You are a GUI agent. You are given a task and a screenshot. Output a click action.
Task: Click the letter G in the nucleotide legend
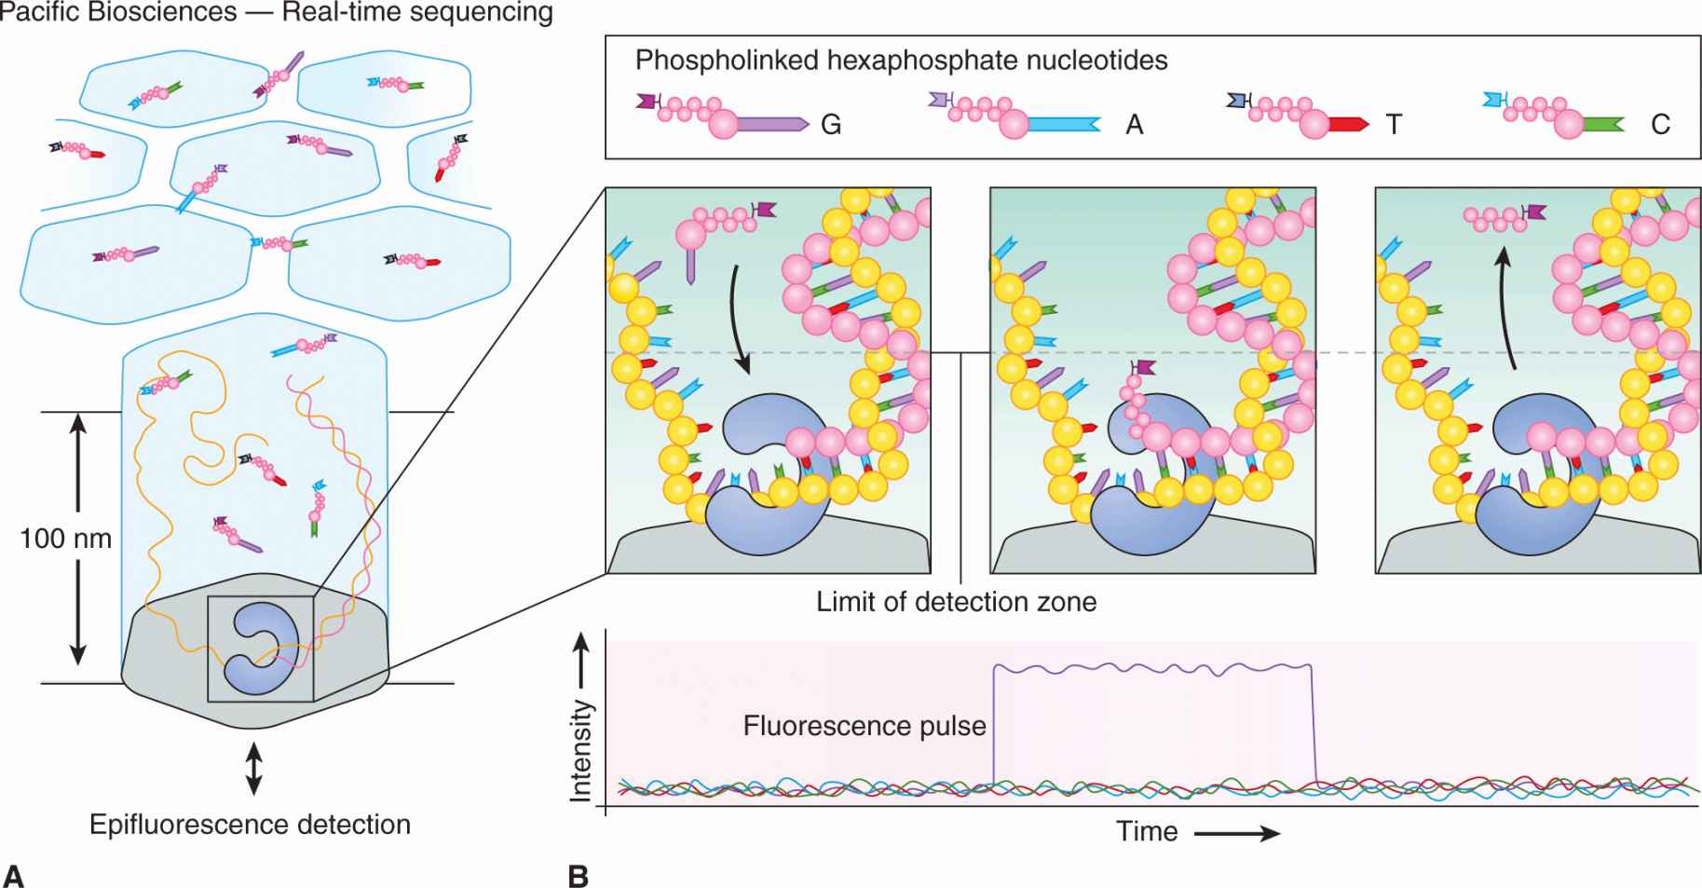831,125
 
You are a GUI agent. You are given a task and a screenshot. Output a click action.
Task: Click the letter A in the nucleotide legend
1134,125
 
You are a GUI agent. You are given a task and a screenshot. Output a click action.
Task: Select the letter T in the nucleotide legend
1394,125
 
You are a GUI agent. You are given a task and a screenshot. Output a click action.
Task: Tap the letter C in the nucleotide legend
1660,125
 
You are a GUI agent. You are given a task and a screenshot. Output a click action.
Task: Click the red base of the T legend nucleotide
1349,125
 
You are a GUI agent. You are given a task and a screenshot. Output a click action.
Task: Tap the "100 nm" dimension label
65,539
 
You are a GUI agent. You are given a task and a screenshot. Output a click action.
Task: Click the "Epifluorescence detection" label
250,825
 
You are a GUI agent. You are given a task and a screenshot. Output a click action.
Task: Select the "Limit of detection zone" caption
956,602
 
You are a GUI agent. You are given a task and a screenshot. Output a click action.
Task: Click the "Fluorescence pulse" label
864,726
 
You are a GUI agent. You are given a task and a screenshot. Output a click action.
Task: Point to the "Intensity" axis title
581,751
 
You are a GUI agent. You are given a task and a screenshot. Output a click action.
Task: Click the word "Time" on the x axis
1147,831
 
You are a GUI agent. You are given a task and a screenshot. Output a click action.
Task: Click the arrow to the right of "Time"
1237,833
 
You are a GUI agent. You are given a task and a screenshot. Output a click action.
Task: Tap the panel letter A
13,876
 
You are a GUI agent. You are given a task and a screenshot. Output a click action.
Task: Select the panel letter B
578,876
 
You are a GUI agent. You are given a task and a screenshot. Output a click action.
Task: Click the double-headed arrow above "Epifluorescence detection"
252,769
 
